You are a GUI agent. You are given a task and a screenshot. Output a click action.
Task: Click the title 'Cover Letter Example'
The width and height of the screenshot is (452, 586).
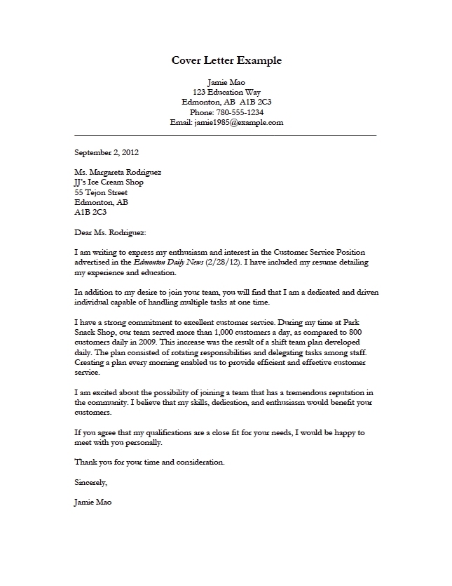pyautogui.click(x=226, y=60)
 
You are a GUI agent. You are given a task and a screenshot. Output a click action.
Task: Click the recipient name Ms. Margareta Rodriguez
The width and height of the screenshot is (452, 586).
pyautogui.click(x=118, y=172)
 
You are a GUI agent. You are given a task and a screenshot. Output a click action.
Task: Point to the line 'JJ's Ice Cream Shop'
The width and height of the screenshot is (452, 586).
pyautogui.click(x=109, y=182)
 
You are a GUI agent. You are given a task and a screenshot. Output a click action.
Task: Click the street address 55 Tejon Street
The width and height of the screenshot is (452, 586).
pyautogui.click(x=100, y=192)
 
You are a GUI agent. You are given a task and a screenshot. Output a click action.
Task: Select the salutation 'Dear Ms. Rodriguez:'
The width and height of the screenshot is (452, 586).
pyautogui.click(x=110, y=232)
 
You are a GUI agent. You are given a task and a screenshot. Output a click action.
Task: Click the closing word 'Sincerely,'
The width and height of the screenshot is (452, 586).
pyautogui.click(x=90, y=482)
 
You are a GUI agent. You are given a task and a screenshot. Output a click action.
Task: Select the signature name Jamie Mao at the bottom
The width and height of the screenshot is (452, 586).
pyautogui.click(x=92, y=502)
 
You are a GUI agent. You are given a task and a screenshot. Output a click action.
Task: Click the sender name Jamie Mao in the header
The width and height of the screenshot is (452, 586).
pyautogui.click(x=226, y=81)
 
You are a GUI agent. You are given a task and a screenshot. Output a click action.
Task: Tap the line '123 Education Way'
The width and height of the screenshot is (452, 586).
pyautogui.click(x=226, y=92)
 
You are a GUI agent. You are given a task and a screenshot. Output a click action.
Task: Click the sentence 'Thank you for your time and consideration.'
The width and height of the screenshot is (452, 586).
pyautogui.click(x=149, y=462)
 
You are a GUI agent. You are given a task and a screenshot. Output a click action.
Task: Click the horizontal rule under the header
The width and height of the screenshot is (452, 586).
pyautogui.click(x=225, y=134)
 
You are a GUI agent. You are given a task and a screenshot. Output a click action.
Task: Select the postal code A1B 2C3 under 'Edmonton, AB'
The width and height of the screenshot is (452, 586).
pyautogui.click(x=90, y=212)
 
